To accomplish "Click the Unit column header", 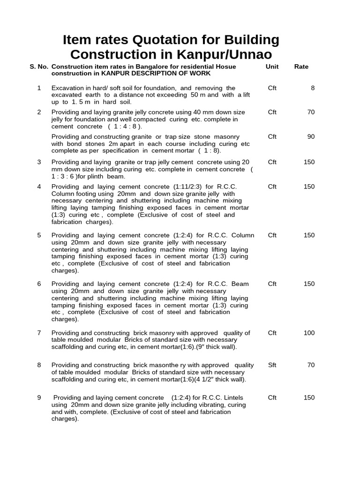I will click(272, 67).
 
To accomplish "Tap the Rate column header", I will click(301, 67).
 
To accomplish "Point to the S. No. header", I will click(39, 67).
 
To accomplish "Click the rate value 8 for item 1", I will click(313, 88).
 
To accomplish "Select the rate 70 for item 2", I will click(311, 112).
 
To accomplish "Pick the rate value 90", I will click(311, 136).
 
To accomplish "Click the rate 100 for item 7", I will click(309, 333).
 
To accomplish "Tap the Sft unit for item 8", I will click(272, 365).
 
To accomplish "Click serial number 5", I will click(39, 235).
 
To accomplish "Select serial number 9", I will click(39, 397).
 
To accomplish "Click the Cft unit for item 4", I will click(272, 187).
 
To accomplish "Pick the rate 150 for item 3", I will click(309, 162).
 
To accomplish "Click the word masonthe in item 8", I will click(164, 365).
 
